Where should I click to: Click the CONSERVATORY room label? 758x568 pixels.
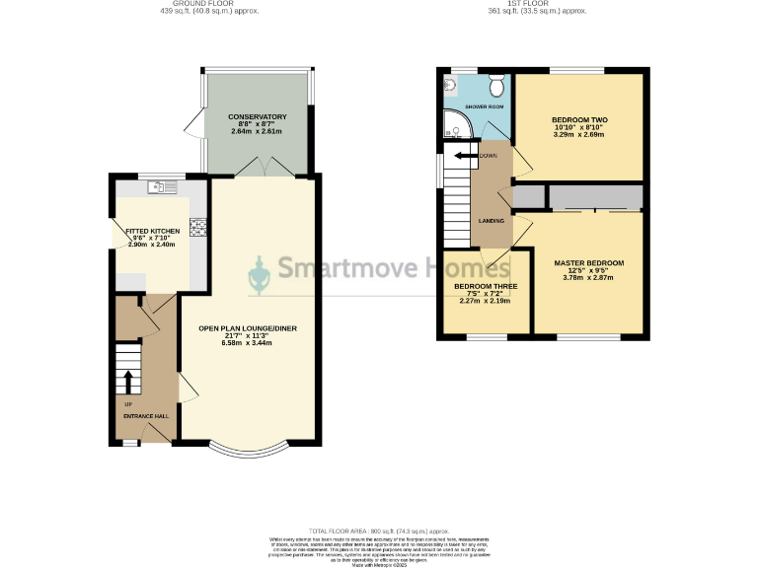[257, 116]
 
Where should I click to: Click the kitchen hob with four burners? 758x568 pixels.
[196, 226]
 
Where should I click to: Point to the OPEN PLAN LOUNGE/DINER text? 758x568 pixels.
[249, 327]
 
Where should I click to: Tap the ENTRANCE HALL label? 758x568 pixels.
[146, 416]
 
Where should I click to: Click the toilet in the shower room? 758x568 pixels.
[496, 81]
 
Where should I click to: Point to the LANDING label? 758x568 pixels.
[492, 220]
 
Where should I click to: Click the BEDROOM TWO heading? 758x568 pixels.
[579, 119]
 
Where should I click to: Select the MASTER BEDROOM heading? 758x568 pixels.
[588, 263]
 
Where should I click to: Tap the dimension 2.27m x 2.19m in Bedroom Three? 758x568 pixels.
[485, 301]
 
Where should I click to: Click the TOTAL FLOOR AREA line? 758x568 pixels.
[378, 532]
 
